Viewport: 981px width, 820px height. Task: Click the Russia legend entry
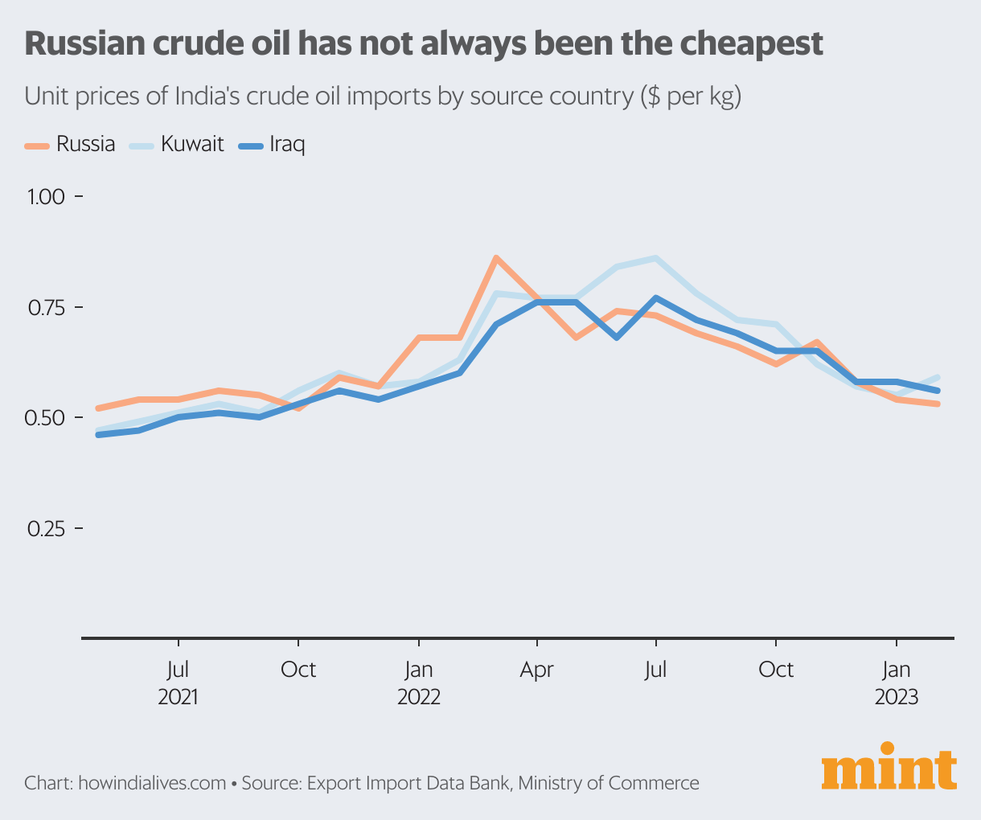[72, 145]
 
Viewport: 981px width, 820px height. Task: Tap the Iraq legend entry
[273, 145]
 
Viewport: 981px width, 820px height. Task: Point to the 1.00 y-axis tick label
[47, 197]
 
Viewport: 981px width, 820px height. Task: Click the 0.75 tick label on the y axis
[47, 308]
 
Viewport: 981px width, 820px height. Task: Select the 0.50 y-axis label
[47, 418]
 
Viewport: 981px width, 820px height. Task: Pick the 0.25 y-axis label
[47, 529]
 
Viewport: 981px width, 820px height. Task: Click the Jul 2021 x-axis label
[178, 682]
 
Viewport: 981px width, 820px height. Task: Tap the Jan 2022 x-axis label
[418, 682]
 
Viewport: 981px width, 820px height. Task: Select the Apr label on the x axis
[537, 670]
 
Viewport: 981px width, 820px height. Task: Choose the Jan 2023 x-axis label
[896, 682]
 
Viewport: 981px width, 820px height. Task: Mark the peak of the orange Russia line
[497, 258]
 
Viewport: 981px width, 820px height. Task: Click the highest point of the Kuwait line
[656, 258]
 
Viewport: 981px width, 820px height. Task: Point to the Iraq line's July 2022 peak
[656, 298]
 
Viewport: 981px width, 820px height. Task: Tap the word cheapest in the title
[750, 43]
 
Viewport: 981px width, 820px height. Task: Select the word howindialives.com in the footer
[152, 782]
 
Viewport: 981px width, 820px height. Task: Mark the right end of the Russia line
[938, 404]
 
